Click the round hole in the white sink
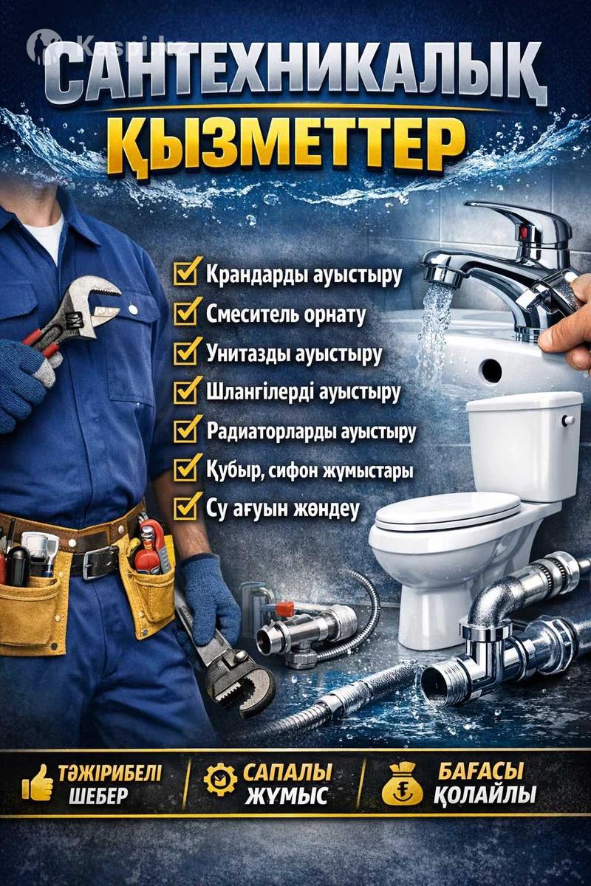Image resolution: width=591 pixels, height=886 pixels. [491, 371]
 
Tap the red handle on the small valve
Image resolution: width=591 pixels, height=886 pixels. [284, 607]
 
